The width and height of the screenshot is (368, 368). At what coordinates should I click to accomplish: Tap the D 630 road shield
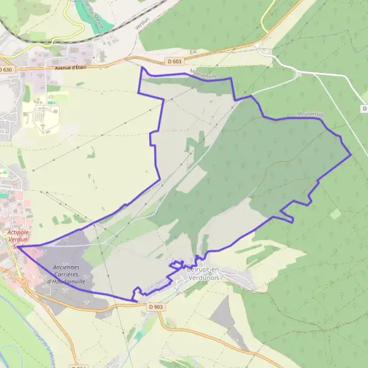[6, 69]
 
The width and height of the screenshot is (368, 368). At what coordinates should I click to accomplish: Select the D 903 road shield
[156, 306]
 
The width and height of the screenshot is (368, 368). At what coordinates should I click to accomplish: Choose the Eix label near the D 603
[194, 53]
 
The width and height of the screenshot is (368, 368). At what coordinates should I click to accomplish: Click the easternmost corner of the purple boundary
[351, 155]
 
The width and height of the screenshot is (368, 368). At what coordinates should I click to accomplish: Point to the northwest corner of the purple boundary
[142, 67]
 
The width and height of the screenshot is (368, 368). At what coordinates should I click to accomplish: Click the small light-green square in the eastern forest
[335, 214]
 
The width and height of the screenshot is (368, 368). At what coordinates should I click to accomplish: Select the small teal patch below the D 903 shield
[139, 335]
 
